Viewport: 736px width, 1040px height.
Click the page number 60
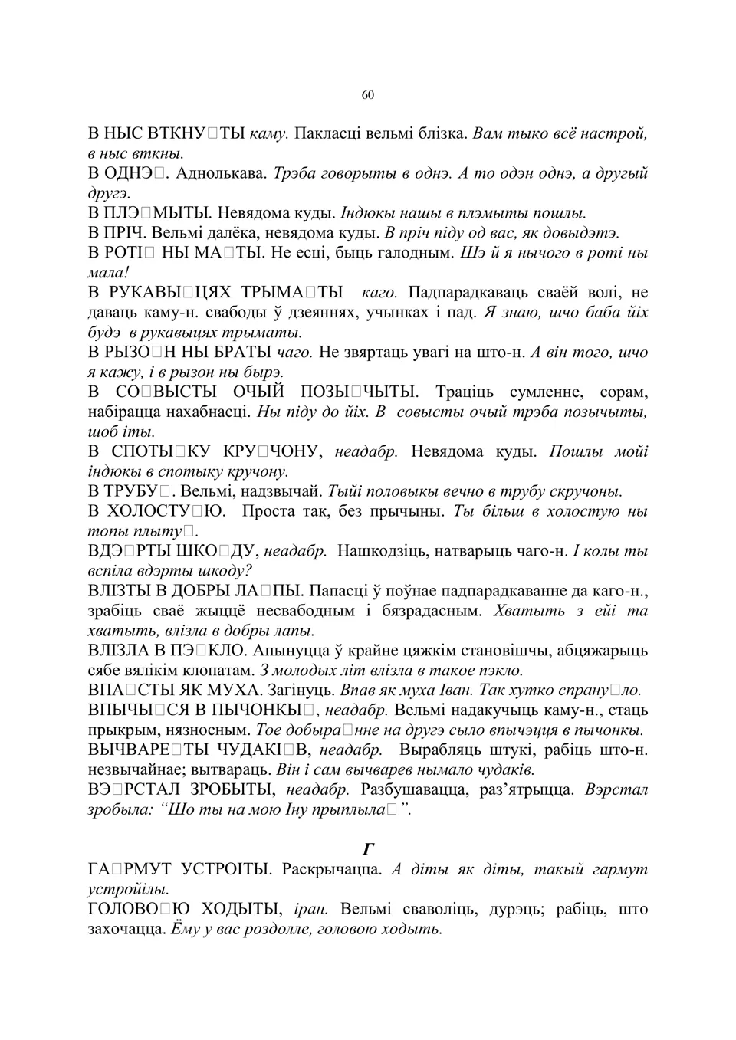click(368, 94)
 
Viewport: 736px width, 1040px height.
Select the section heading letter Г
click(368, 848)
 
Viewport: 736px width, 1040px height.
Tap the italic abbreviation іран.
click(311, 909)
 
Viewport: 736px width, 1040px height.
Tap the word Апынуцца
click(290, 650)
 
